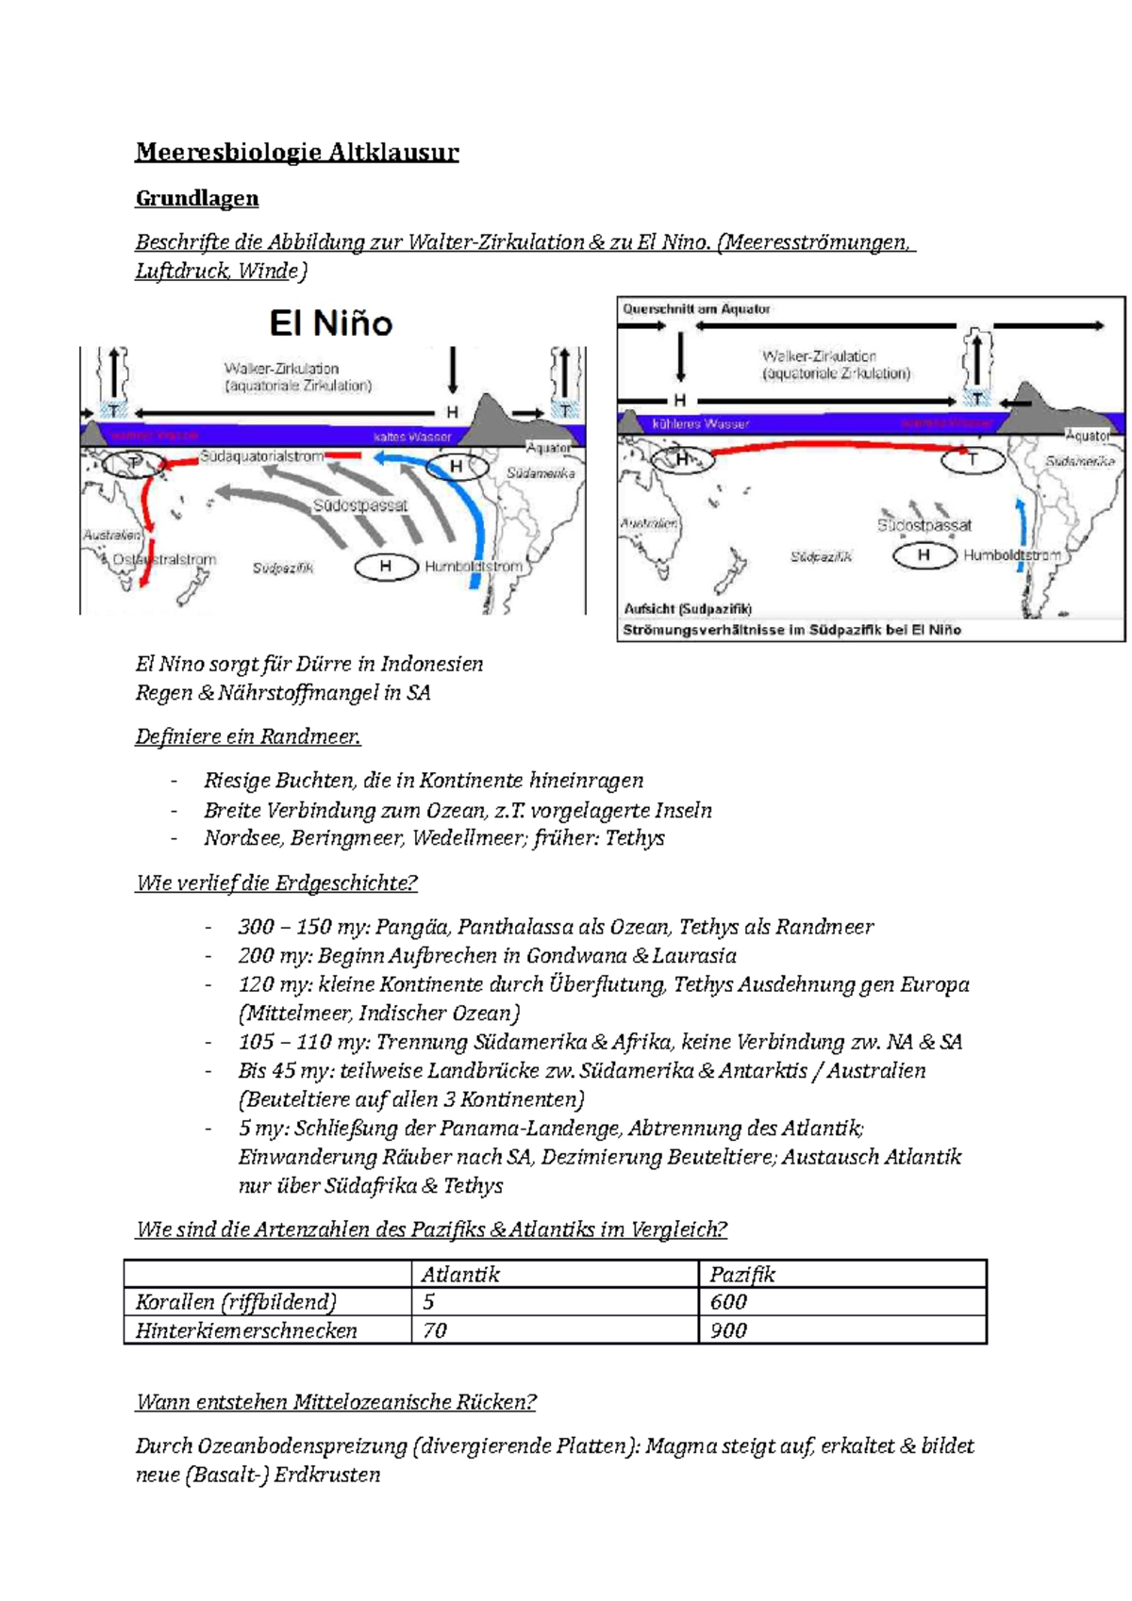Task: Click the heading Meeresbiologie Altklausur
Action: [x=297, y=152]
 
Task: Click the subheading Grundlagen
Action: [x=197, y=198]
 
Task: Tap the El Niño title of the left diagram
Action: [x=331, y=323]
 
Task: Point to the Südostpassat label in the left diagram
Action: [x=360, y=505]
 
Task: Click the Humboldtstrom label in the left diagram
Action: [x=474, y=567]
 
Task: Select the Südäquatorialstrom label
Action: [x=262, y=456]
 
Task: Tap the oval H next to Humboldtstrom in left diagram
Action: [x=386, y=567]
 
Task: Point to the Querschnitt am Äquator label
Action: [x=696, y=308]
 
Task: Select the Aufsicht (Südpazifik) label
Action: [x=688, y=608]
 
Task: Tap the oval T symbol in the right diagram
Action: [x=973, y=460]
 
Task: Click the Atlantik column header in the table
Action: [x=460, y=1275]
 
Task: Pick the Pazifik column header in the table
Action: [x=742, y=1275]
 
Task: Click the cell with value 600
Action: [x=728, y=1302]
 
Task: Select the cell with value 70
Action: [x=435, y=1330]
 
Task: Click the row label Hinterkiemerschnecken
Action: [x=246, y=1330]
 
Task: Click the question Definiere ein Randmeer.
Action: [x=248, y=736]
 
